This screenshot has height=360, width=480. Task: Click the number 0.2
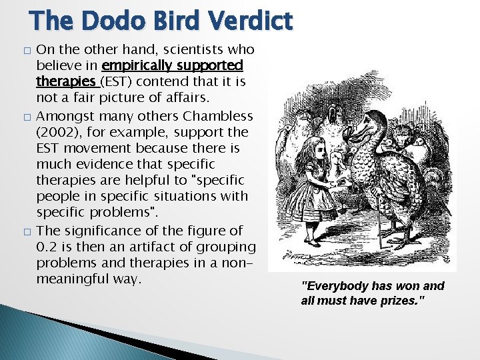[x=47, y=247]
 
